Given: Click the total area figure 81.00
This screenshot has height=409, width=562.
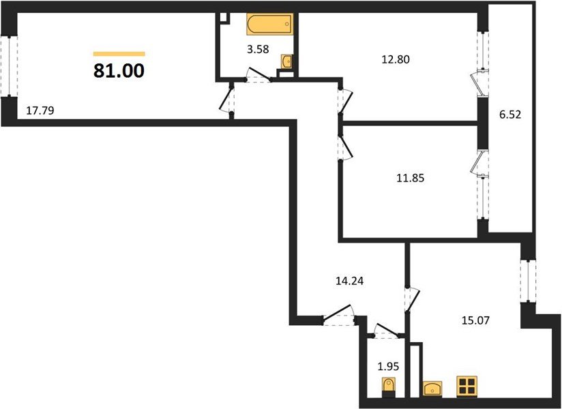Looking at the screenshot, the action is tap(119, 71).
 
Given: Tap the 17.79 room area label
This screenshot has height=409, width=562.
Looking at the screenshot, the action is tap(40, 110).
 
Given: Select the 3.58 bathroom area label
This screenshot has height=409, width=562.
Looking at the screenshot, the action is tap(258, 48).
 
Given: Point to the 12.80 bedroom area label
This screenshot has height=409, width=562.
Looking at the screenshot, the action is tap(396, 59).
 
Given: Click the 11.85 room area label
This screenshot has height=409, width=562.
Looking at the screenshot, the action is tap(411, 178).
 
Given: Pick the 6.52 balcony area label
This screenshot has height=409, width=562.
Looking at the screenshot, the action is tap(510, 115).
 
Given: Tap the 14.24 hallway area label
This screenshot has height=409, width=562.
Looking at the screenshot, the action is tap(349, 281).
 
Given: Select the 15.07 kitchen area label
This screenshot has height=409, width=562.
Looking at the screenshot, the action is tap(475, 320).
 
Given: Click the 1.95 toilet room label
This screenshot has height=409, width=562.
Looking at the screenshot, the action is tap(388, 367).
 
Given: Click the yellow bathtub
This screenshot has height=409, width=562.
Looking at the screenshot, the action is tap(270, 24).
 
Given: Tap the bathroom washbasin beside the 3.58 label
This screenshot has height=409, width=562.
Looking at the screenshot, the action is tap(287, 61).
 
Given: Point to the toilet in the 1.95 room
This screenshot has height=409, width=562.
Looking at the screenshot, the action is tap(389, 387).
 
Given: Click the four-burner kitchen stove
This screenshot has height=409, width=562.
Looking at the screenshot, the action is tap(467, 386).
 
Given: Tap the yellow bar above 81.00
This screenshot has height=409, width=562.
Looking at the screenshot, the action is tap(119, 54).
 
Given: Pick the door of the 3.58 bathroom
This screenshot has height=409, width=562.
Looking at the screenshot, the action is tap(257, 75).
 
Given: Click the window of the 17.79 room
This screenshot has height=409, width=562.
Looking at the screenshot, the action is tap(9, 66).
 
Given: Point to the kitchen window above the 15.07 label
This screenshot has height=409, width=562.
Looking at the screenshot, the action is tap(528, 280).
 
